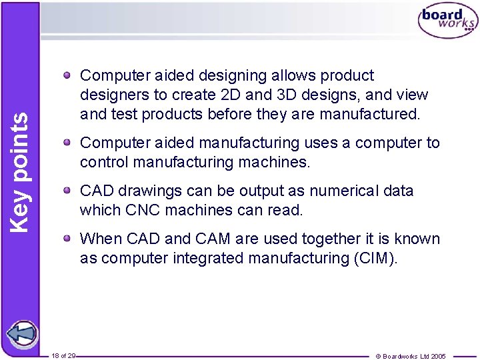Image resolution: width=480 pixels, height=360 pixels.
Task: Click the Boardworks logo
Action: [447, 22]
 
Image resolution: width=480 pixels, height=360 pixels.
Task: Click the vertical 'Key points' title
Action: [21, 171]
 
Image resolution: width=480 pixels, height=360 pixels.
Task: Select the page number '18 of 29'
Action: [63, 356]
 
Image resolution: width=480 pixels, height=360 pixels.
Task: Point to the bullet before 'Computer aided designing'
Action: [69, 76]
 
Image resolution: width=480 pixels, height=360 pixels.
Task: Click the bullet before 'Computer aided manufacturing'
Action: [69, 143]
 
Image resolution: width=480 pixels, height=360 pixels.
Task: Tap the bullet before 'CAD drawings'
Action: [69, 191]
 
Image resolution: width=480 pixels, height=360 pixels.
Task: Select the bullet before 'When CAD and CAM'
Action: [69, 239]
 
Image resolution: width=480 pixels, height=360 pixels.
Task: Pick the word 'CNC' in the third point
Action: [140, 210]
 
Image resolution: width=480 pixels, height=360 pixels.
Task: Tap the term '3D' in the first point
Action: [278, 95]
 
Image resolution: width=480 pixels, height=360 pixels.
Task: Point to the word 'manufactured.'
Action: [370, 114]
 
